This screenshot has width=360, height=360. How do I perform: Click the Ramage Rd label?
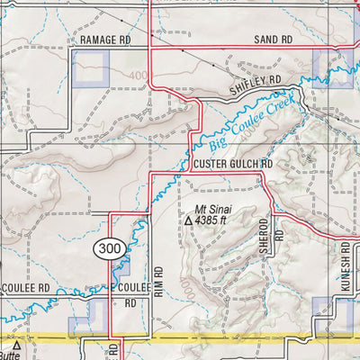104,41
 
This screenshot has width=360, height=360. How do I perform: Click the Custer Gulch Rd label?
232,166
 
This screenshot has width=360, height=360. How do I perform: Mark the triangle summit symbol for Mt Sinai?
188,219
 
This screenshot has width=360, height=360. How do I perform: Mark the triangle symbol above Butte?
16,343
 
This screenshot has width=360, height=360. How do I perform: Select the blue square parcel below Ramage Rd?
91,68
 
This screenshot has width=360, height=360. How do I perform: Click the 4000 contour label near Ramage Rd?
138,76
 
